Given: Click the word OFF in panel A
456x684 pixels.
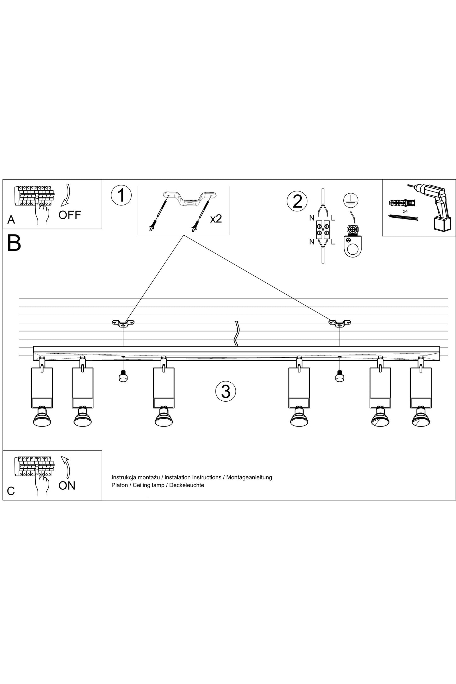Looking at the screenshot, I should [x=70, y=215].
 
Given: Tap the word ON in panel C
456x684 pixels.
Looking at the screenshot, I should [x=67, y=486].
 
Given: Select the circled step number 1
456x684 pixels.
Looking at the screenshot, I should [x=121, y=196].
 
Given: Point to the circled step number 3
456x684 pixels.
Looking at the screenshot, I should [x=226, y=392].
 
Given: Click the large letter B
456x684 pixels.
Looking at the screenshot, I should [x=14, y=243].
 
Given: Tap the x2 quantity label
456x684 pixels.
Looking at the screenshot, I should [x=216, y=219].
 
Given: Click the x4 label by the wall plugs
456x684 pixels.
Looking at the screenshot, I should [x=405, y=211].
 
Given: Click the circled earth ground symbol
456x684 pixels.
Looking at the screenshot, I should [x=350, y=200].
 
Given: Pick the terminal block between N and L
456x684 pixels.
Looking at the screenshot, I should [x=323, y=229].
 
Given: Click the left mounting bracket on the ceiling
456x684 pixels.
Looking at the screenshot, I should [x=123, y=323].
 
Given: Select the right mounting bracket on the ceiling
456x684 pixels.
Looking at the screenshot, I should [x=340, y=323].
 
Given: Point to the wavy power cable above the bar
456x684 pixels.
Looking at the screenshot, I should [x=236, y=333].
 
